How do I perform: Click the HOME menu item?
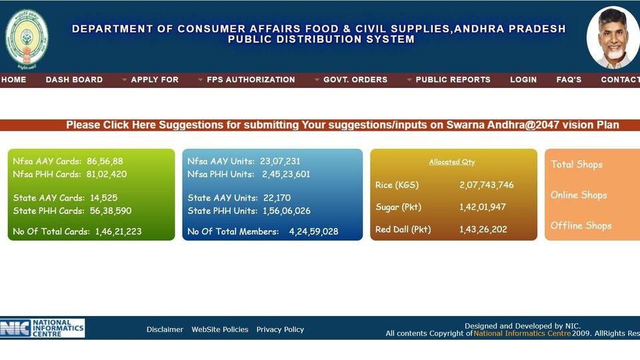13,79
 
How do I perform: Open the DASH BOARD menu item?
74,79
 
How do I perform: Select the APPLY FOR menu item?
155,79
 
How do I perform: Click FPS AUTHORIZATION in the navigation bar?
251,79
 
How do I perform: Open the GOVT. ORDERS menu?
355,79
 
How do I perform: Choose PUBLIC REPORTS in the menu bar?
453,79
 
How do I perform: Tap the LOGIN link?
523,79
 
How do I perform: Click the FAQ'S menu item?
569,79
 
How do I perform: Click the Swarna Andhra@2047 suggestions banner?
343,125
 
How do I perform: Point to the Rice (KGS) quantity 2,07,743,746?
486,185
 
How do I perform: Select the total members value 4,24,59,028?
313,232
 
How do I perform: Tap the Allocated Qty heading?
452,162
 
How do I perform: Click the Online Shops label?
579,195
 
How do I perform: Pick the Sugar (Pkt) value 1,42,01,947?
482,207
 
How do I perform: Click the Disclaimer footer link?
165,329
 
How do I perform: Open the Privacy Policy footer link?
280,329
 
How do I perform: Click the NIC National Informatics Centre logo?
43,328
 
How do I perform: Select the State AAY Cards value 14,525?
103,198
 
